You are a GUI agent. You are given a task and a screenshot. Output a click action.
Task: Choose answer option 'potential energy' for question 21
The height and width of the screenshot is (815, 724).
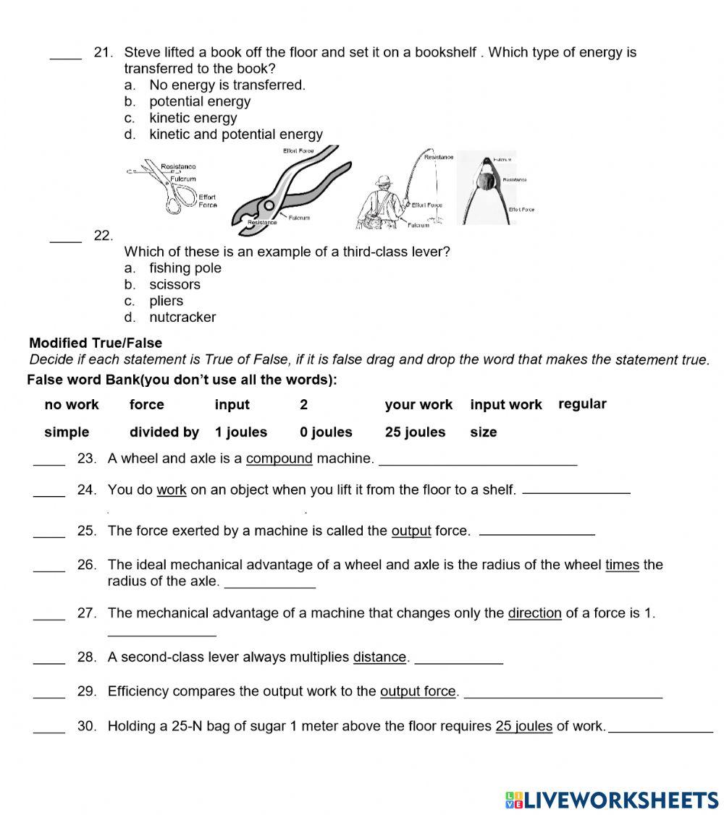[199, 101]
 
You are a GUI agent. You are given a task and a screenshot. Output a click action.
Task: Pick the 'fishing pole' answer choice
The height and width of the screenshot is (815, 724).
[185, 268]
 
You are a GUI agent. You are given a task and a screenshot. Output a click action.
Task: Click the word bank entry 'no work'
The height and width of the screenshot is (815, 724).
[72, 404]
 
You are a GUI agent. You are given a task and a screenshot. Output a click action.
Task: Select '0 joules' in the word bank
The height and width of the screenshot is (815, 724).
[326, 432]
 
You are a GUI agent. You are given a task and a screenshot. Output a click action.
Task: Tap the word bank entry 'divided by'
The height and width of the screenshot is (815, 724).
[164, 432]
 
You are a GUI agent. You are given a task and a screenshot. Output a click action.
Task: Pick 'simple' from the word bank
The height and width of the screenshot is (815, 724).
[67, 432]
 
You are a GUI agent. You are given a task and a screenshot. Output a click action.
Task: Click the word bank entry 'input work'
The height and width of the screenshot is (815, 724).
[506, 404]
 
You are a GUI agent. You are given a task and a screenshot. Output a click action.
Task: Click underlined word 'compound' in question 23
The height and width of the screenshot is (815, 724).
[279, 458]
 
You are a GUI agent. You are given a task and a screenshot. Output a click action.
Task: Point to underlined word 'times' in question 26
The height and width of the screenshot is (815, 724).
[622, 565]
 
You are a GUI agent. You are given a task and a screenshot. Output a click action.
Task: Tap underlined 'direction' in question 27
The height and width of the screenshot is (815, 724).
[534, 613]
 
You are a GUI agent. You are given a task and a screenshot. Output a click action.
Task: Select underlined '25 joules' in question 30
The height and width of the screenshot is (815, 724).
[523, 726]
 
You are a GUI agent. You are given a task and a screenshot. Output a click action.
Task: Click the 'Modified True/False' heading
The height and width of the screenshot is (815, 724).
[96, 343]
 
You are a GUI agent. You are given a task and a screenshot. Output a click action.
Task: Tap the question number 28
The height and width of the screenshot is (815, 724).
[87, 657]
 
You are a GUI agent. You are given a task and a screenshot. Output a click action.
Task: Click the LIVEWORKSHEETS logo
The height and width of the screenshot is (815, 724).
[612, 799]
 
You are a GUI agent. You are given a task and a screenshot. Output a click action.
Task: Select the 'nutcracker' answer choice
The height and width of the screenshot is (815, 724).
[182, 317]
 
